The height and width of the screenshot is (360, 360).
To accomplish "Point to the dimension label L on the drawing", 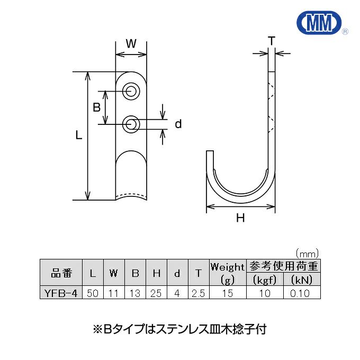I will [x=78, y=136].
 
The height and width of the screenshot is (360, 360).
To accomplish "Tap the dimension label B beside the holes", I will [x=97, y=107].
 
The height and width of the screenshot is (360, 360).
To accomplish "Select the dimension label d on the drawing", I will [x=178, y=124].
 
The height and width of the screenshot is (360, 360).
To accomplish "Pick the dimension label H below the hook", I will [x=240, y=218].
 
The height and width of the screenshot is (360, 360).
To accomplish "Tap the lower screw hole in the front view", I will [x=131, y=125].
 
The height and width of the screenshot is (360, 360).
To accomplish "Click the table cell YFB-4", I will [x=61, y=293].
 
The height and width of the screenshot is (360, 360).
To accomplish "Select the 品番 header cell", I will [x=61, y=273].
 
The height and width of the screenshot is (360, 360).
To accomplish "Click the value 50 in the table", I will [x=93, y=293].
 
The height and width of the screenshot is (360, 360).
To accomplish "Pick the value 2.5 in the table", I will [x=199, y=293].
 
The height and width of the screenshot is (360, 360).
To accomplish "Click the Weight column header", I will [x=228, y=267].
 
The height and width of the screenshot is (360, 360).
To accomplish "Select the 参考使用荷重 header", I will [x=283, y=266].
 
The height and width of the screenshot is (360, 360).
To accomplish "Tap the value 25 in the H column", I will [x=156, y=293].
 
